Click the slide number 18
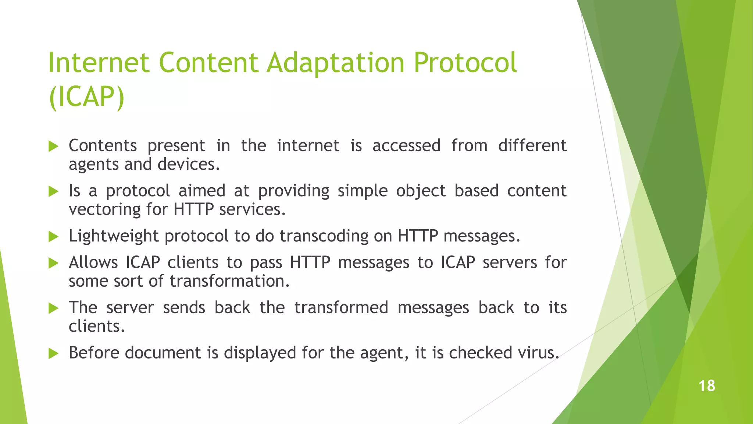coord(706,386)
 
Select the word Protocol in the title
coord(465,63)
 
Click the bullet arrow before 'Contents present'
coord(54,146)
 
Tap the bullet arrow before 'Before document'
coord(54,354)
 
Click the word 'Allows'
coord(93,263)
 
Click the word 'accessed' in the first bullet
coord(406,146)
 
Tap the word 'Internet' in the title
coord(98,63)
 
